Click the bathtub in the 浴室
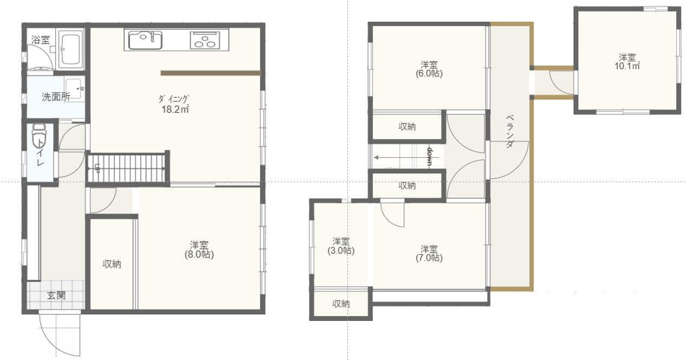[x=70, y=49]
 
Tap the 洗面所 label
[x=56, y=98]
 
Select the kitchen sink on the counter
[x=145, y=40]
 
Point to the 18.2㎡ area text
[x=174, y=108]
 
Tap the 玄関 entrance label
[x=56, y=295]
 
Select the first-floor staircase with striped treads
[x=127, y=168]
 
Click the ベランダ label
[x=510, y=132]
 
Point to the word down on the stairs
[x=429, y=157]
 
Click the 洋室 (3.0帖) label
[x=341, y=246]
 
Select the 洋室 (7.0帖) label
[x=430, y=253]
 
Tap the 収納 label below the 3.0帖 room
[x=341, y=304]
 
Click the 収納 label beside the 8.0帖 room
[x=112, y=264]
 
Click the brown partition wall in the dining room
[x=210, y=73]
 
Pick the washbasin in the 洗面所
[x=73, y=88]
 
